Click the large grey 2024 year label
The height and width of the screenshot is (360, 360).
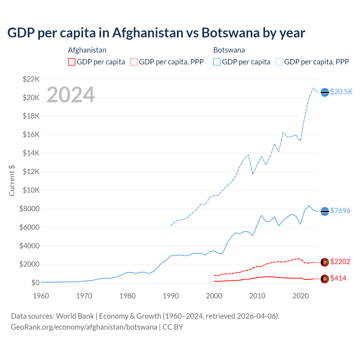[x=71, y=95]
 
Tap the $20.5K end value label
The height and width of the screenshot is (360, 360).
[x=341, y=92]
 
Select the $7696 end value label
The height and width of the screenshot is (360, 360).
[x=340, y=211]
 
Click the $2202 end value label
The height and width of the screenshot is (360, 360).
[x=340, y=262]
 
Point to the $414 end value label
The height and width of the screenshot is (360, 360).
[x=338, y=278]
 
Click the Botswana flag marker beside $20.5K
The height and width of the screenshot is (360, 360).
[x=325, y=92]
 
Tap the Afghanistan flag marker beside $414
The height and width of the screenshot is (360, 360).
[x=325, y=279]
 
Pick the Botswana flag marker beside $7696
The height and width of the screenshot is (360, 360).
[x=325, y=211]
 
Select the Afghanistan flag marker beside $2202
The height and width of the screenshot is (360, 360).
[x=325, y=262]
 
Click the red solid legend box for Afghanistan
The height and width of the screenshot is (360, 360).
[x=72, y=62]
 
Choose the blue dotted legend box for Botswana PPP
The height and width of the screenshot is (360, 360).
[x=279, y=62]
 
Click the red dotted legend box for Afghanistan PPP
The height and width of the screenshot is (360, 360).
[x=134, y=62]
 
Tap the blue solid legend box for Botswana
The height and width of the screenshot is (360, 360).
[x=217, y=62]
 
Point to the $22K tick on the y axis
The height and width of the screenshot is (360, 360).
[x=31, y=79]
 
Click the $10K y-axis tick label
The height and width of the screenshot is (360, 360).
[x=31, y=190]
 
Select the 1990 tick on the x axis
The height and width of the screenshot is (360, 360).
[x=171, y=296]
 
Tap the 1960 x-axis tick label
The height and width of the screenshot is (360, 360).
[x=41, y=296]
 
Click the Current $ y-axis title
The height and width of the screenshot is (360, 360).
[x=12, y=180]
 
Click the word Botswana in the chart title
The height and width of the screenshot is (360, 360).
[x=230, y=33]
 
